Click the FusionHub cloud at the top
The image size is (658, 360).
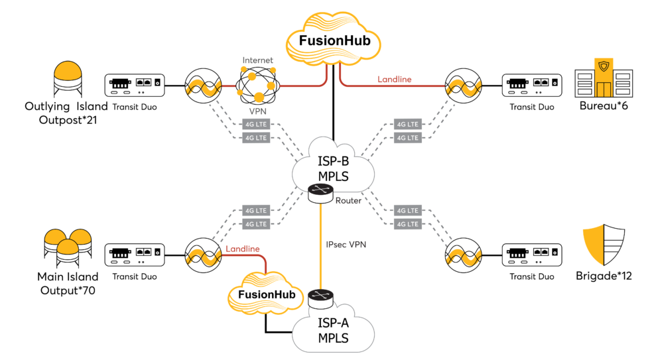point(334,39)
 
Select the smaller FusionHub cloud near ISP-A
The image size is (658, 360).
point(266,293)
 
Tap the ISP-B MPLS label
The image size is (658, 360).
point(333,168)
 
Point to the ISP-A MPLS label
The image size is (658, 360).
point(333,330)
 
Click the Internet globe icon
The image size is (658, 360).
point(257,86)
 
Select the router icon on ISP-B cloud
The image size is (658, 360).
point(320,194)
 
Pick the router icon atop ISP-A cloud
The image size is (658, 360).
point(320,299)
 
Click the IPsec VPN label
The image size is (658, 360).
point(346,244)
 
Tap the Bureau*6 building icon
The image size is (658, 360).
point(604,78)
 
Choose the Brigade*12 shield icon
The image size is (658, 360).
point(604,245)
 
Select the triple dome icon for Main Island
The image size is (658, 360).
point(68,248)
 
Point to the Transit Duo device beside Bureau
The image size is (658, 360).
point(532,86)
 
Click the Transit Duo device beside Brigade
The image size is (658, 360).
point(532,255)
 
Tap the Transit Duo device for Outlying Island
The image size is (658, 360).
point(134,86)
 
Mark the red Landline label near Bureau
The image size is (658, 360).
point(394,79)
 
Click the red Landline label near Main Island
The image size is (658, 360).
point(243,249)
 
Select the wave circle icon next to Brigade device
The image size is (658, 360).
point(463,255)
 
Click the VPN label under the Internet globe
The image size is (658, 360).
point(257,111)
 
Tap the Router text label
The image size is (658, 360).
point(348,201)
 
